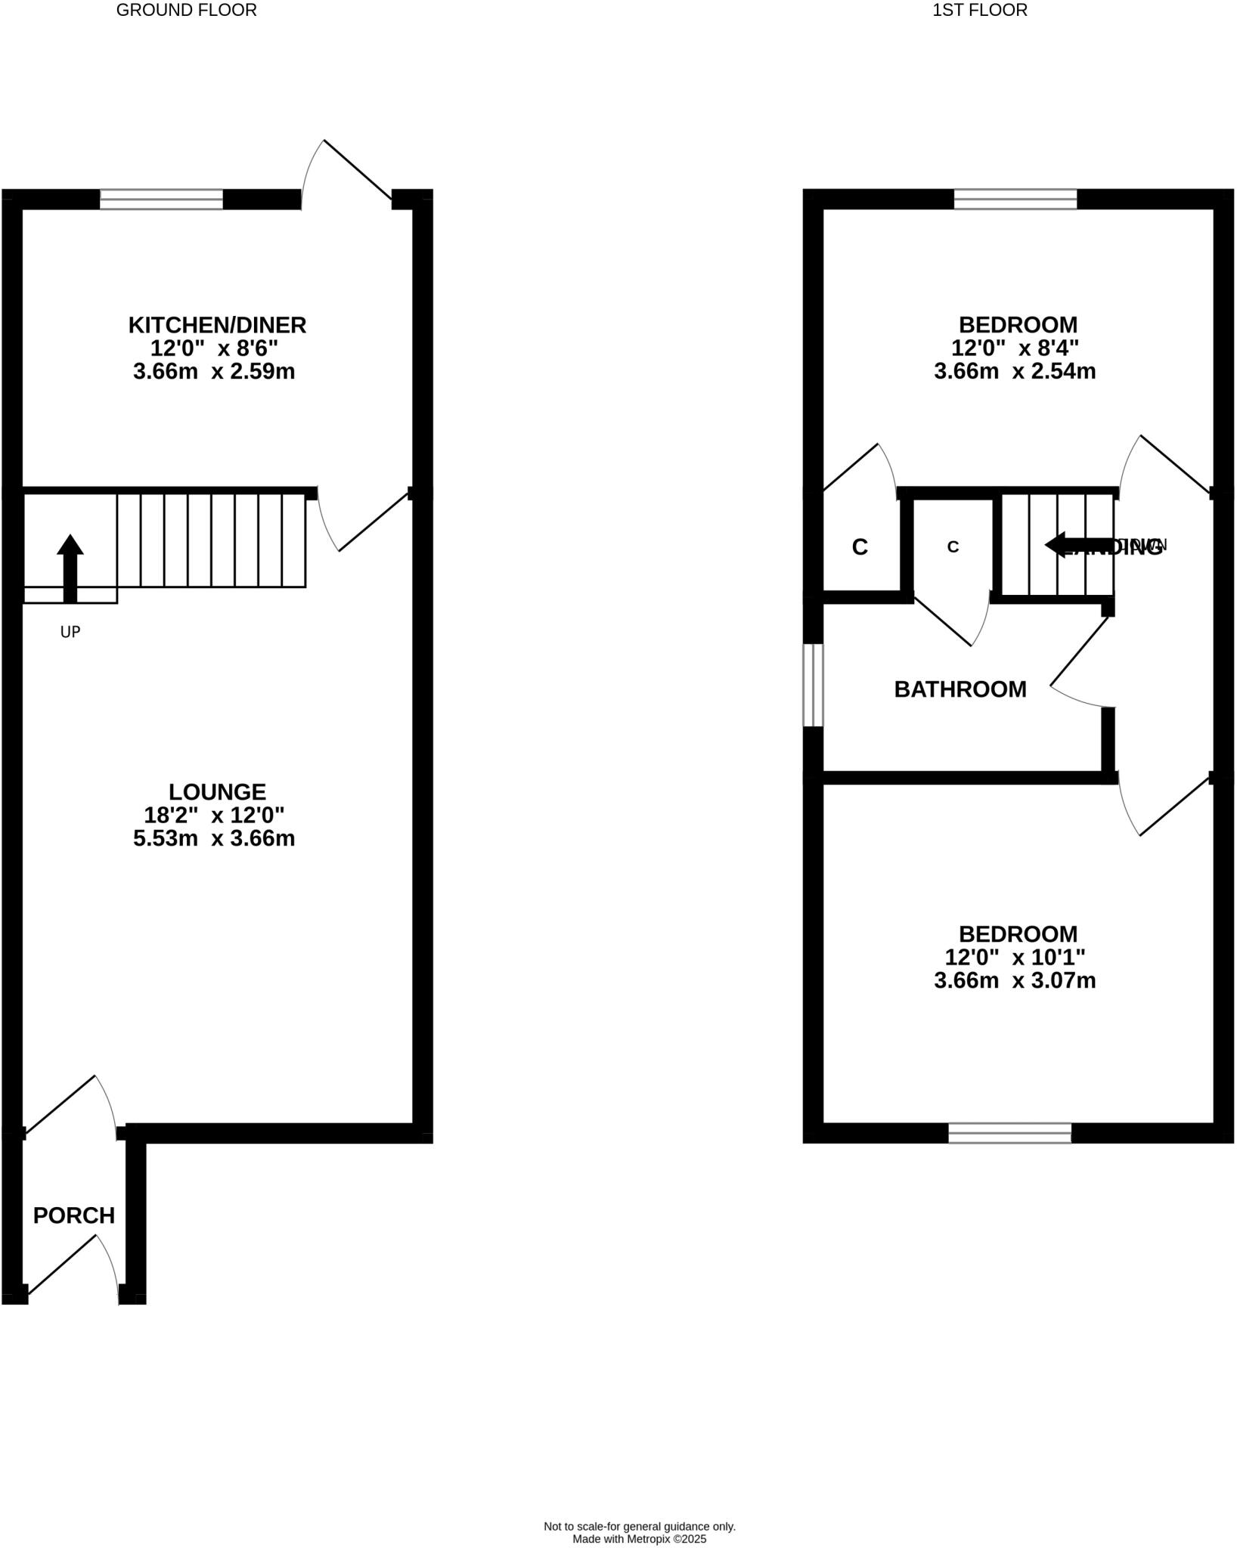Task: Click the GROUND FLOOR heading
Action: point(186,10)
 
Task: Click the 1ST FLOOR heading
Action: point(979,10)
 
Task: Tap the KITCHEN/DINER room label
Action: point(217,325)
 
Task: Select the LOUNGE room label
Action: point(217,791)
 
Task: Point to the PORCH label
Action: point(74,1215)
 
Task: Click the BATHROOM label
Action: point(960,689)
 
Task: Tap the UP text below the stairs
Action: point(70,632)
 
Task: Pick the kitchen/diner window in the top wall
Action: point(161,199)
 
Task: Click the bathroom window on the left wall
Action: point(813,685)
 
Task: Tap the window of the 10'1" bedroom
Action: point(1009,1132)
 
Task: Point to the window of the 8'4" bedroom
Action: point(1015,199)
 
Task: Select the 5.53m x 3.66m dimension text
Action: point(214,838)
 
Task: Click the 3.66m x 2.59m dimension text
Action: point(214,372)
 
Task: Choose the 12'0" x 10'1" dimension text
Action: point(1015,957)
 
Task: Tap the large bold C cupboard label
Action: point(860,547)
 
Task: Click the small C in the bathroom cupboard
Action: point(953,546)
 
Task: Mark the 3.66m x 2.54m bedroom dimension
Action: point(1015,372)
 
